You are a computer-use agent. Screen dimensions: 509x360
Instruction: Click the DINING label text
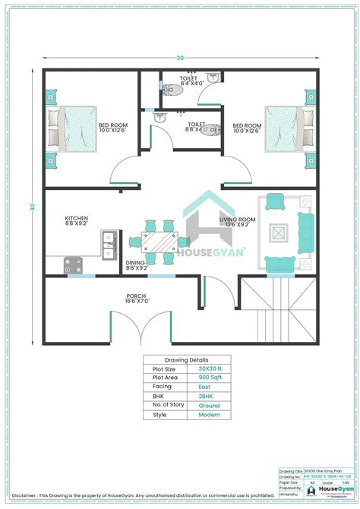coord(136,265)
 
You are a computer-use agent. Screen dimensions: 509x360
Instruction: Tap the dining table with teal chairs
coord(159,242)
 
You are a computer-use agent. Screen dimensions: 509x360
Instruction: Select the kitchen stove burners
coord(74,265)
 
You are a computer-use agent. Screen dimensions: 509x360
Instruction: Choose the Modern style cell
coord(209,415)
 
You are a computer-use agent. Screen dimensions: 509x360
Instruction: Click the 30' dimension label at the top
coord(180,58)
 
